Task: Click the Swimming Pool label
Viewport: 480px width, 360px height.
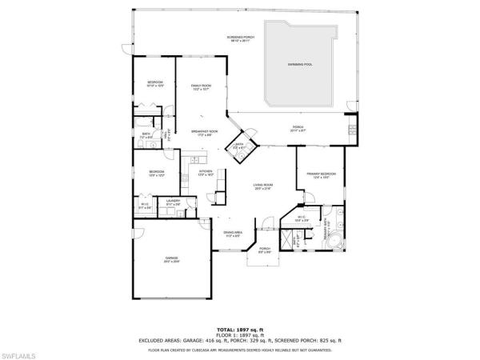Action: tap(299, 65)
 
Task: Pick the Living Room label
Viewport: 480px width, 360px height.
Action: tap(263, 187)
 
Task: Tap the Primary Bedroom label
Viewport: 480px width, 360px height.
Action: tap(321, 174)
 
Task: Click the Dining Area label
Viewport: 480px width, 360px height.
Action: tap(234, 234)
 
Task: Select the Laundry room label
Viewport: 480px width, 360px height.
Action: tap(173, 203)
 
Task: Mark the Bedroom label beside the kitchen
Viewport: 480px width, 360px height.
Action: tap(157, 173)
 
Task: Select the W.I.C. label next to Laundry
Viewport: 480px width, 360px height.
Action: tap(146, 206)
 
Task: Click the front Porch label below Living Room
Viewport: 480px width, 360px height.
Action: tap(265, 251)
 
